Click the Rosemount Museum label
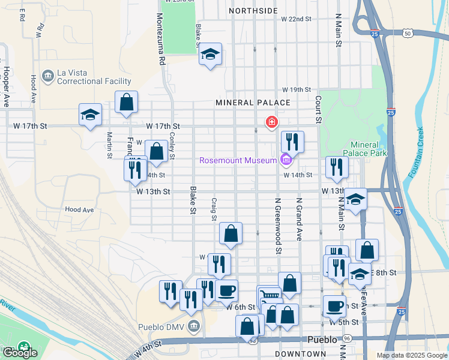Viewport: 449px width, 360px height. (x=238, y=160)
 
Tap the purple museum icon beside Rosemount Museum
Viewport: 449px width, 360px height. (x=285, y=160)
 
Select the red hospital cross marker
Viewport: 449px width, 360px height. (x=272, y=122)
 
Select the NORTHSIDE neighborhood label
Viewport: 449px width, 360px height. (x=253, y=11)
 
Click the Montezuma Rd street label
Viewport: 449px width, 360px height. (x=161, y=40)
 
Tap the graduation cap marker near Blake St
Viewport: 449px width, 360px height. (x=210, y=55)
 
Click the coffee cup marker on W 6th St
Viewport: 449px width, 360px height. (x=226, y=291)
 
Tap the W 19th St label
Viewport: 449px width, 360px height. (x=297, y=89)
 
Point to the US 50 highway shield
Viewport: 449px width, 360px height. (x=408, y=34)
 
